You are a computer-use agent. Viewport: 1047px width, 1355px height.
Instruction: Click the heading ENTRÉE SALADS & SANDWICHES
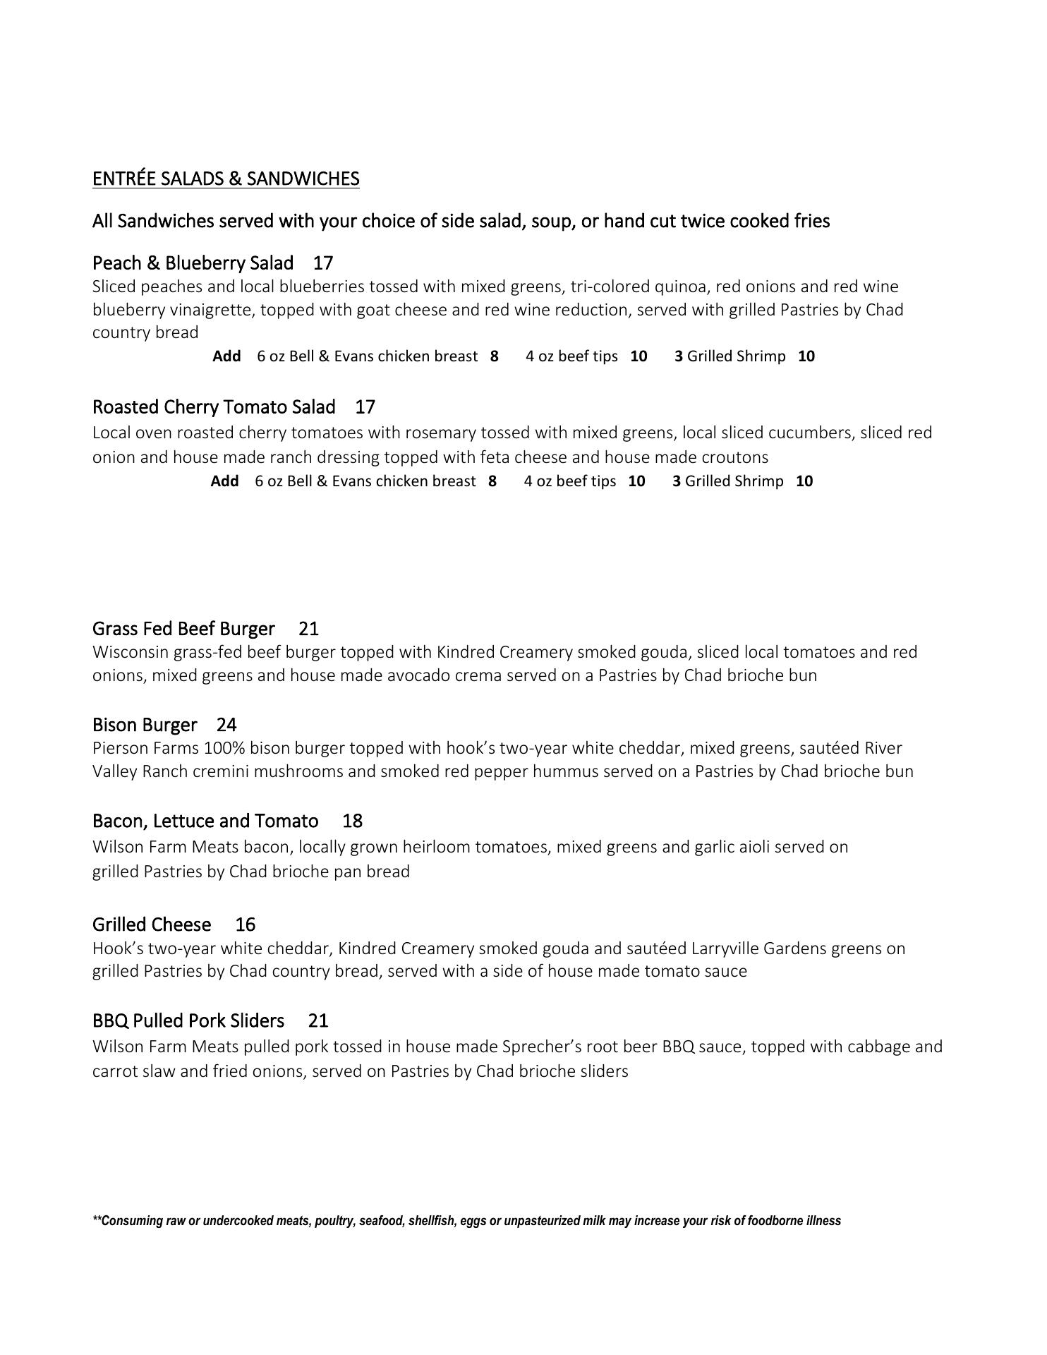coord(226,179)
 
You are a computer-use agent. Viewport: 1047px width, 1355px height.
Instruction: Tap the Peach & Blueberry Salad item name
coord(193,263)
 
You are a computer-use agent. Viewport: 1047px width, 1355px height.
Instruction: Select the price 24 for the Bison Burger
coord(226,725)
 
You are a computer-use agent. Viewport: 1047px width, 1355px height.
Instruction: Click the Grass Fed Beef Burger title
coord(183,629)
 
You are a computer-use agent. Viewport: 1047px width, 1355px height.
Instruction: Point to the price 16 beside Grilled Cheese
coord(245,925)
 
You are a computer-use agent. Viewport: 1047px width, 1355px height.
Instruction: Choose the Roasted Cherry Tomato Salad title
coord(214,407)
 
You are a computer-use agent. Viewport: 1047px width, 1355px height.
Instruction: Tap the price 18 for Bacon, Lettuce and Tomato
coord(352,821)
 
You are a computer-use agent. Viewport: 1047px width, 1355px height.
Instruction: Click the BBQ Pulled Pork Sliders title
coord(188,1020)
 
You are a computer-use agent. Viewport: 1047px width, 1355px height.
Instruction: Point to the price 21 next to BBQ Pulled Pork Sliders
coord(318,1020)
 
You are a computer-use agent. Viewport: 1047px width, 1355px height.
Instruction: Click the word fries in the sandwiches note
coord(811,222)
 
